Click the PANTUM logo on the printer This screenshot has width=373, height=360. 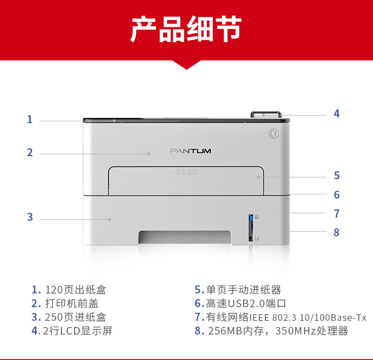point(191,151)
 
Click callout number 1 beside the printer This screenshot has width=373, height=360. point(29,119)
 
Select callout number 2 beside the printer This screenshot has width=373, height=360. point(30,152)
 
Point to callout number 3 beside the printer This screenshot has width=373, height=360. point(30,217)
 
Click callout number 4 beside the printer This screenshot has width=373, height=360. point(336,114)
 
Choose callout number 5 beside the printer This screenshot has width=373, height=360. point(337,176)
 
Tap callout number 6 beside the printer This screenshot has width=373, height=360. point(337,195)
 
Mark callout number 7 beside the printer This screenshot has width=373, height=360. point(337,214)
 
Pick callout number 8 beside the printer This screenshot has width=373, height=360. point(336,232)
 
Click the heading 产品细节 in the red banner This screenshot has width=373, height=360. point(186,29)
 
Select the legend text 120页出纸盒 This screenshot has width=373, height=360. point(76,290)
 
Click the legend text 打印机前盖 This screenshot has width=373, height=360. point(72,304)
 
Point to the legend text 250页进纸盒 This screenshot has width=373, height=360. point(76,317)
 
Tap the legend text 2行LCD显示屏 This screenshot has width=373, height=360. point(77,331)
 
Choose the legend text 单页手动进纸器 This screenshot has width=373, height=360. point(244,290)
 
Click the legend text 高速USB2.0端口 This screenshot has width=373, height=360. point(246,304)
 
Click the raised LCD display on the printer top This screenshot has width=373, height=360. point(266,115)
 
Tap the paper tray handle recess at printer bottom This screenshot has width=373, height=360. point(185,237)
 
